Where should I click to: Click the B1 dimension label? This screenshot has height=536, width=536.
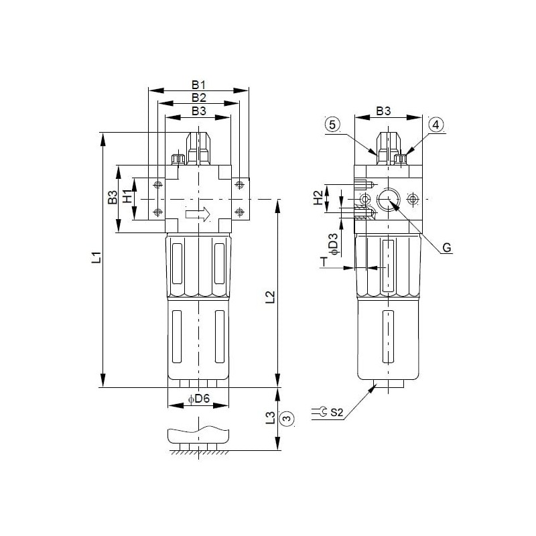[x=198, y=85]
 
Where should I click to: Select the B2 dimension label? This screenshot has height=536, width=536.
[x=198, y=98]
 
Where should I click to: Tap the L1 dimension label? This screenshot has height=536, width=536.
[x=96, y=257]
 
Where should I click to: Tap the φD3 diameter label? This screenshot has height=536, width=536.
[x=333, y=243]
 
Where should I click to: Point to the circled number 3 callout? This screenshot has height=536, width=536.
[x=287, y=419]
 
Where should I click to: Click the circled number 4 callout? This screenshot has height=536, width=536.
[x=435, y=125]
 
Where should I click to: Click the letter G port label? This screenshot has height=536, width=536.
[x=447, y=249]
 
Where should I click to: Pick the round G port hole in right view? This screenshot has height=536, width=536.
[x=388, y=199]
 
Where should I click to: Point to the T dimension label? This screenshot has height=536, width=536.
[x=323, y=262]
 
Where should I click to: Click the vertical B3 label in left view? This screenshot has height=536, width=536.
[x=113, y=198]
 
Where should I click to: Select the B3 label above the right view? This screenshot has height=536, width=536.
[x=383, y=111]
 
